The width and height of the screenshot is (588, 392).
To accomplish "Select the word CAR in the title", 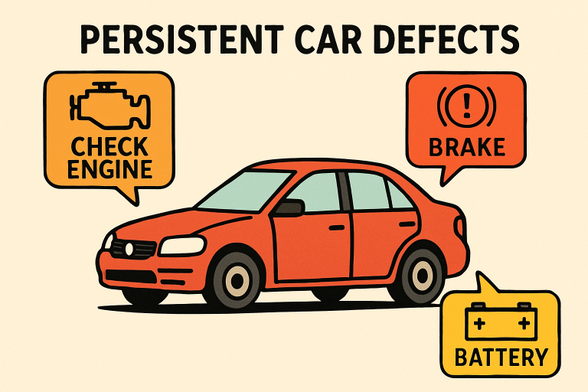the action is tap(328, 38).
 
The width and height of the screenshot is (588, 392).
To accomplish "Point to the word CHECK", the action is tap(110, 147).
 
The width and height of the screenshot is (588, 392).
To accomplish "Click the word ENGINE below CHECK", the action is tap(110, 169).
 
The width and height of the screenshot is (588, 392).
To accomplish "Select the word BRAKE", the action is tap(467, 147).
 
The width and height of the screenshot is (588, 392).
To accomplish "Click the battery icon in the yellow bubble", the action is tap(501, 321).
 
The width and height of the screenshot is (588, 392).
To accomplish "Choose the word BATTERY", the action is tap(501, 357).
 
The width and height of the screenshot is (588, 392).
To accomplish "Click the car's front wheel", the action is tap(237, 280).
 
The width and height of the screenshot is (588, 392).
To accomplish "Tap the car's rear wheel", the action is tap(421, 275).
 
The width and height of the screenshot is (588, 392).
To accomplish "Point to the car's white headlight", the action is tap(182, 246).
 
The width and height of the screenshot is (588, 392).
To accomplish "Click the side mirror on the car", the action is tap(290, 208).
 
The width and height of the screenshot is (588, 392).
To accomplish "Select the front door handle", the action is tap(337, 227).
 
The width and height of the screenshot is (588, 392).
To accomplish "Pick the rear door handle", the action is tap(407, 224).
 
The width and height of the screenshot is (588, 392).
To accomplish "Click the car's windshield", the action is tap(244, 191).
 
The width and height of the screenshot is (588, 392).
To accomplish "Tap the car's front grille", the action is tap(133, 249).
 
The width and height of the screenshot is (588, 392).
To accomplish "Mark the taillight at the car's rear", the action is tap(460, 227).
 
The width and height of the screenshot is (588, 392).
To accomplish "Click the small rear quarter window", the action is tap(399, 195).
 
